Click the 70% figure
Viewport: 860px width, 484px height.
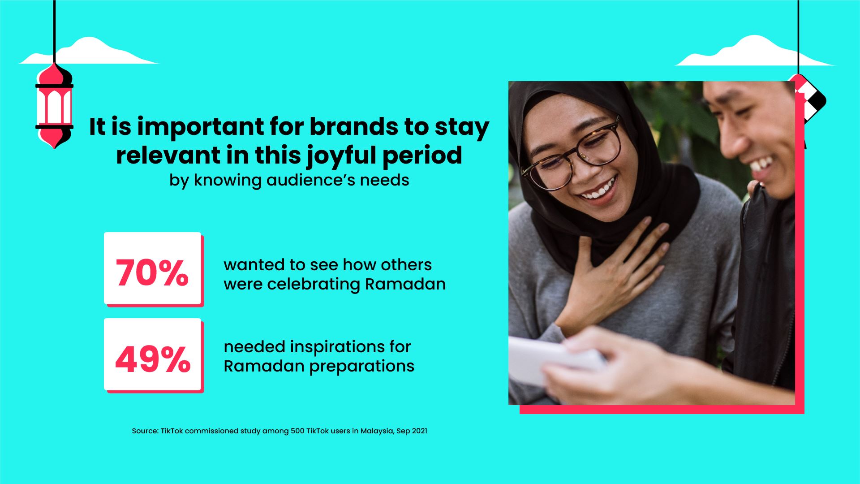[x=152, y=272]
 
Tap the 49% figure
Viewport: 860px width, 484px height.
[x=153, y=359]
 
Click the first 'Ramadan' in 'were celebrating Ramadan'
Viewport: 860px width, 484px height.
[x=405, y=284]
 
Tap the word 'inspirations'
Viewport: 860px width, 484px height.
[x=343, y=347]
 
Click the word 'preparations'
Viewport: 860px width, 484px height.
[x=362, y=366]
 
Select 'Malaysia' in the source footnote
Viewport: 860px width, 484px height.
[x=377, y=431]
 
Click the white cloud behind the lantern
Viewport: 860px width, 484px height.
[x=90, y=52]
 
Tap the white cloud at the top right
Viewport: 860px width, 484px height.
[x=752, y=52]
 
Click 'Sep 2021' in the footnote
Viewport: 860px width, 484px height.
[x=412, y=431]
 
